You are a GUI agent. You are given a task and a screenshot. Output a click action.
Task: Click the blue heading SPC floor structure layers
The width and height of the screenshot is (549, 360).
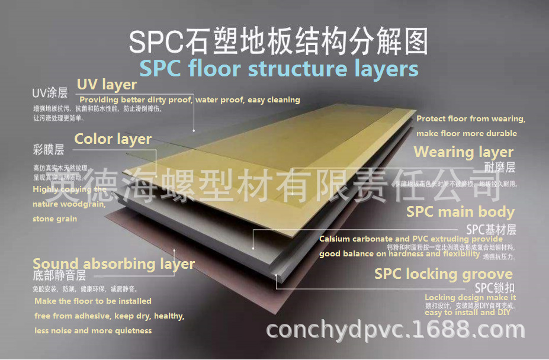(x=278, y=69)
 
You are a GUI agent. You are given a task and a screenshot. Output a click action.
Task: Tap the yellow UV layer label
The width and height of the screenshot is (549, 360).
(x=107, y=85)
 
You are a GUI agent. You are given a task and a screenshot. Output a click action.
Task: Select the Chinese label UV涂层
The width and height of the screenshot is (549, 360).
(x=50, y=93)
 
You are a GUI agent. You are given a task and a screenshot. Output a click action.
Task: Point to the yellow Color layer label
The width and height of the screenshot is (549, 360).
(x=113, y=139)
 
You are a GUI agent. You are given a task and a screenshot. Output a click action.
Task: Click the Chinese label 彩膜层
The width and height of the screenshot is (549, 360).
(x=49, y=149)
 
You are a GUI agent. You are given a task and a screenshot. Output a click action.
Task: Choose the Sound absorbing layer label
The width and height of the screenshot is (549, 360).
(x=113, y=264)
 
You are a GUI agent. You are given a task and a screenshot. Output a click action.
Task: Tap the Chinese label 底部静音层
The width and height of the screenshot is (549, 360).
(x=59, y=275)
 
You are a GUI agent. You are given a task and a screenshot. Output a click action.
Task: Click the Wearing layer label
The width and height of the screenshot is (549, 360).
(x=463, y=152)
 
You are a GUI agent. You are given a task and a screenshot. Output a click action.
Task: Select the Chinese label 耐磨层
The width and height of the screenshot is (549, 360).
(x=500, y=167)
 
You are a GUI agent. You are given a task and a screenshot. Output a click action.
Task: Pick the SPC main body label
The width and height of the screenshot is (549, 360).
(x=460, y=212)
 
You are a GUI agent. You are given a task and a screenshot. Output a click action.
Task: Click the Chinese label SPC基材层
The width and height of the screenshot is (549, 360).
(x=491, y=229)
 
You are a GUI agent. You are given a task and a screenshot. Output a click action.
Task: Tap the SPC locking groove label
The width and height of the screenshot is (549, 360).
(x=443, y=274)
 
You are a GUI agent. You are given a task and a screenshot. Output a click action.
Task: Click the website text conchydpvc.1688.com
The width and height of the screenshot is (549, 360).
(x=396, y=329)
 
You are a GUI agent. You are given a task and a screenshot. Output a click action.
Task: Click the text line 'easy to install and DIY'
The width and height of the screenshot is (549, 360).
(x=467, y=313)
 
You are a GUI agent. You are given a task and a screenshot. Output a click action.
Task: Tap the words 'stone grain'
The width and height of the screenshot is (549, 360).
(x=55, y=219)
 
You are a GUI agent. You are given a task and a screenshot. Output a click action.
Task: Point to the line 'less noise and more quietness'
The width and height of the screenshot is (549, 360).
(x=93, y=331)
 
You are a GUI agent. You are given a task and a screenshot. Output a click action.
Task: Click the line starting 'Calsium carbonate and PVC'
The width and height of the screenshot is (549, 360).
(x=403, y=239)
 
